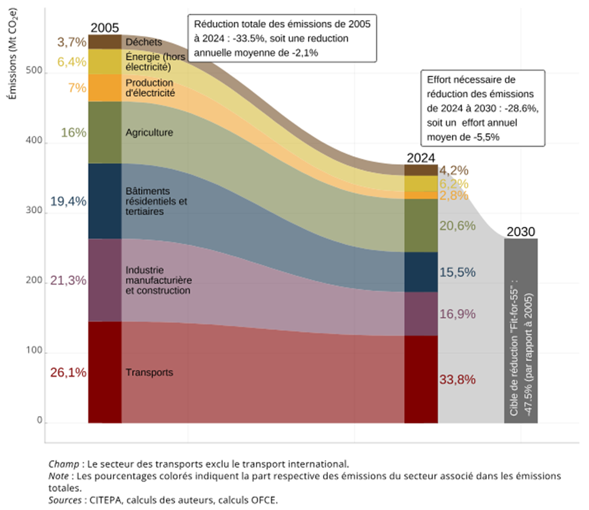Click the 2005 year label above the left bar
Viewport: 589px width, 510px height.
105,28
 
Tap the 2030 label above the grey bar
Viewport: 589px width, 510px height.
520,231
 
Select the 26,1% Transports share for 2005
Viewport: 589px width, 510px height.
68,372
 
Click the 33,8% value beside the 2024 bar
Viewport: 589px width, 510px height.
457,380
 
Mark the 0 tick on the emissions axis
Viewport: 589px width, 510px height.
39,421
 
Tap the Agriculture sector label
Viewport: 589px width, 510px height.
149,133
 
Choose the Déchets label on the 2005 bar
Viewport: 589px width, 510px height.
143,42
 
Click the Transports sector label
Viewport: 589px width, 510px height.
149,373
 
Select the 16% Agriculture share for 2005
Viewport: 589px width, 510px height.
73,133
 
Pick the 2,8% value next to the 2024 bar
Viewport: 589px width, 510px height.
454,195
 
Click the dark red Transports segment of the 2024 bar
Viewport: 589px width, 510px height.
421,379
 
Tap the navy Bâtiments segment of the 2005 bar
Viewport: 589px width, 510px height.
105,200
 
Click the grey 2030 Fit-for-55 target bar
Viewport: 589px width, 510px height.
521,330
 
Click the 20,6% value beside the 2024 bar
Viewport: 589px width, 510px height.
457,226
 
